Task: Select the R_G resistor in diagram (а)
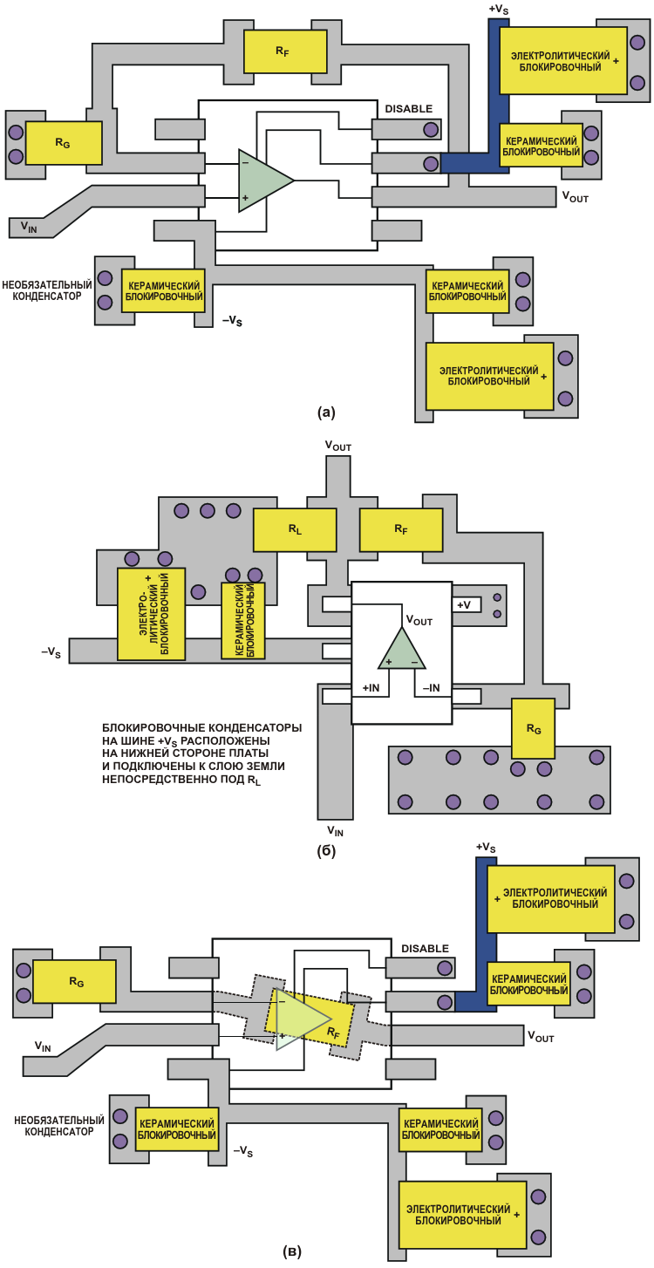[64, 143]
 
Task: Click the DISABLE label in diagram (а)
[408, 109]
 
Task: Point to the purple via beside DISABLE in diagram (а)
[430, 130]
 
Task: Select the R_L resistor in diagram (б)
[295, 529]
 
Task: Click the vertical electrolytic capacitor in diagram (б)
[152, 614]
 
